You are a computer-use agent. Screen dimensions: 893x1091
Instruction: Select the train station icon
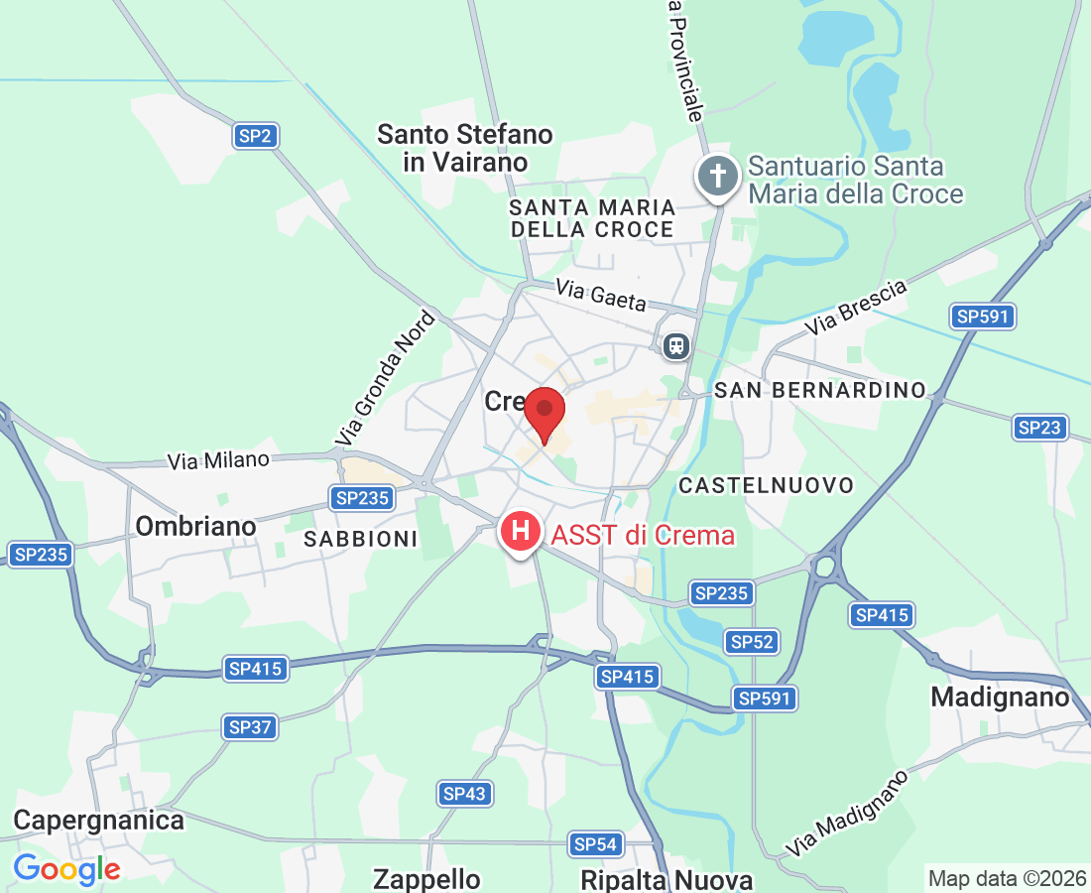pos(676,345)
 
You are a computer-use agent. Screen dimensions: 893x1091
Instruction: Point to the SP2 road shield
pos(255,136)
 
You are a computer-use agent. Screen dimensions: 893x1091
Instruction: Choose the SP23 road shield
pos(1039,428)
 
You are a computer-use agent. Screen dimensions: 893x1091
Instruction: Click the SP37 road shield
pos(250,727)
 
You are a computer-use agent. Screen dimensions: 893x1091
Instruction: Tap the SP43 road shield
pos(464,794)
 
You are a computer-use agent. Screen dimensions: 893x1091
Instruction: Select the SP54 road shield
pos(596,844)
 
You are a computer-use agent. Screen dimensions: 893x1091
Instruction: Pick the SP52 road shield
pos(751,642)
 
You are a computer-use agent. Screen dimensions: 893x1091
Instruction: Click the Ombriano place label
pos(195,526)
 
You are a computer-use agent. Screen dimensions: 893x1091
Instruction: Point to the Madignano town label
pos(1001,698)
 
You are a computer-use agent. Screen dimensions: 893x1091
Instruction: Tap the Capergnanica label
pos(98,821)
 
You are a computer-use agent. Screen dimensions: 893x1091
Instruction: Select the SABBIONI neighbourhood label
pos(361,539)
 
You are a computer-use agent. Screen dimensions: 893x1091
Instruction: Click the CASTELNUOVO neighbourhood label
pos(766,485)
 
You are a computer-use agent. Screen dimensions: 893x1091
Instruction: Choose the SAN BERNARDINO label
pos(819,390)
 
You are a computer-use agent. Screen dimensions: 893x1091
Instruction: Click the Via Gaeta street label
pos(601,295)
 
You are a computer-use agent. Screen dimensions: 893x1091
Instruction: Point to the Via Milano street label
pos(218,460)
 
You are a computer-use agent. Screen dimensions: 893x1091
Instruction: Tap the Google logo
pos(66,869)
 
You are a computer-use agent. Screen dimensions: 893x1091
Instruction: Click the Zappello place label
pos(426,879)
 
